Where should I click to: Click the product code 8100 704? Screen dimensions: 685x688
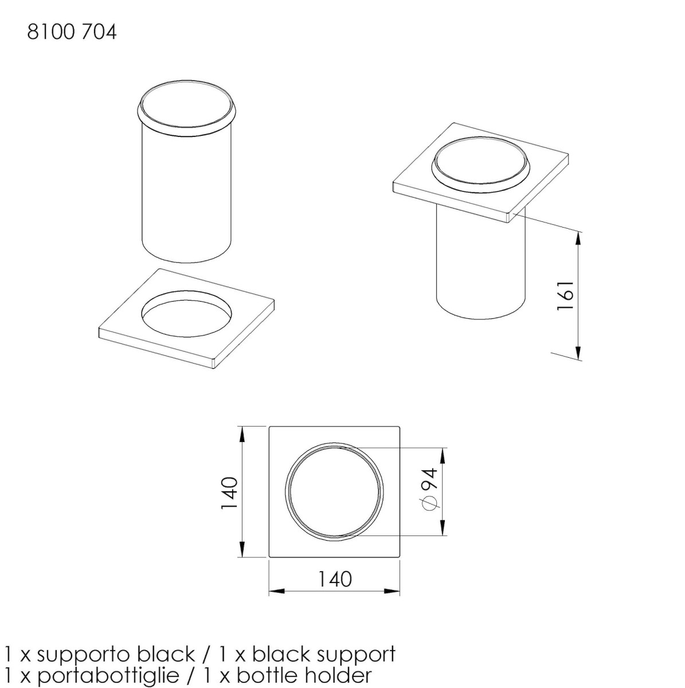tap(72, 33)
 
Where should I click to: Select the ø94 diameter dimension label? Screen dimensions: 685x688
tap(429, 489)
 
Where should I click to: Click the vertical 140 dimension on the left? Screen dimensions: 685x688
tap(229, 492)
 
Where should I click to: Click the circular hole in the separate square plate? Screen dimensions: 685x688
tap(186, 314)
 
